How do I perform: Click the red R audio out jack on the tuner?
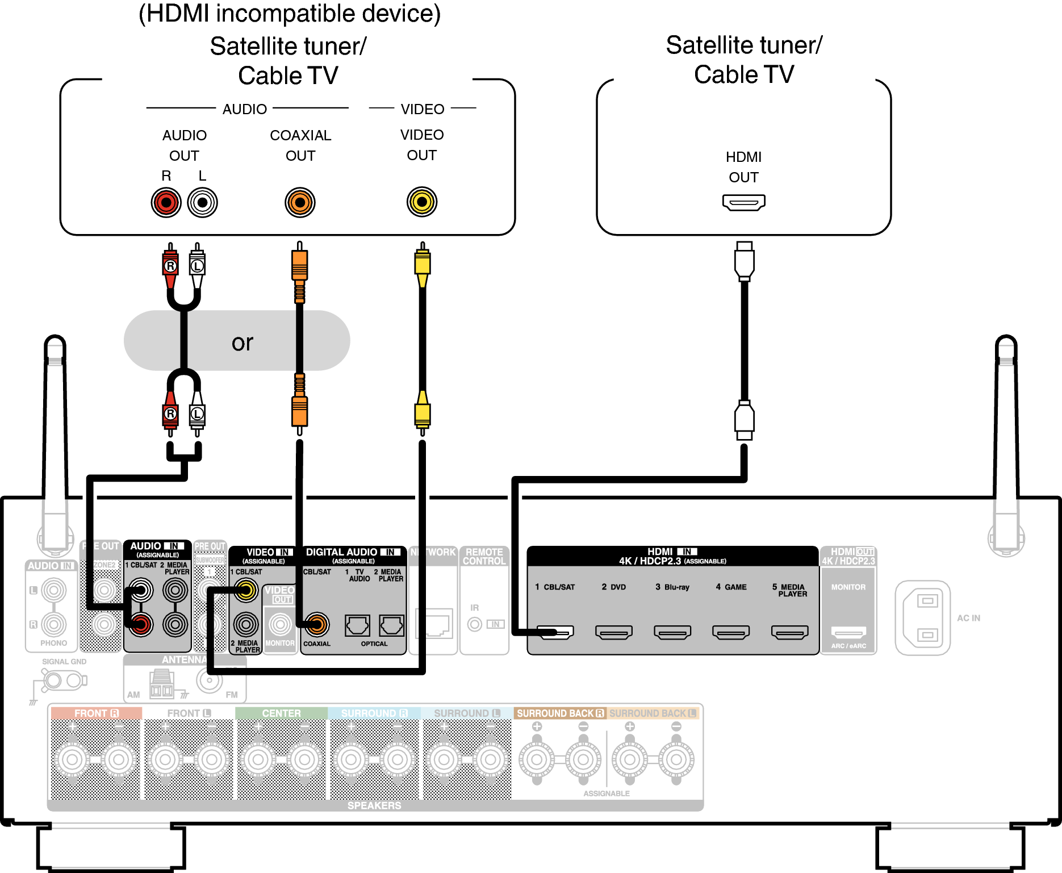tap(166, 202)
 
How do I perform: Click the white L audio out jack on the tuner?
tap(202, 202)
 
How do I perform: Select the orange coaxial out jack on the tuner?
tap(300, 202)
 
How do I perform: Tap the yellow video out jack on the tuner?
tap(421, 202)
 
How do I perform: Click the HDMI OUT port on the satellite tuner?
tap(743, 202)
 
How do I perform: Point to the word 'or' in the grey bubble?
tap(242, 342)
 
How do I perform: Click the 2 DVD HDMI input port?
tap(613, 632)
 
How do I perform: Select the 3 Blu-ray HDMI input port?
tap(672, 632)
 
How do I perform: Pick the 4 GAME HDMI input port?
tap(731, 632)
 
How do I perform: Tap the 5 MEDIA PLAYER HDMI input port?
tap(789, 632)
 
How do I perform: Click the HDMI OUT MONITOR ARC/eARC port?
tap(848, 632)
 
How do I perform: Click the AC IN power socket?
tap(922, 617)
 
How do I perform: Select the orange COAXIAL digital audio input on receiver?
tap(317, 624)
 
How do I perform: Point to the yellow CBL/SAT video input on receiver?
tap(246, 591)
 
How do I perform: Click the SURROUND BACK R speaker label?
tap(559, 713)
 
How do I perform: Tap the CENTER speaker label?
tap(281, 713)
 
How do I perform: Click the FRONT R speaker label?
tap(96, 713)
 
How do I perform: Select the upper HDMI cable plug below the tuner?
tap(744, 261)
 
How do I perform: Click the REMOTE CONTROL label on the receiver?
tap(484, 556)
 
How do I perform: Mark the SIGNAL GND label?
tap(64, 662)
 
